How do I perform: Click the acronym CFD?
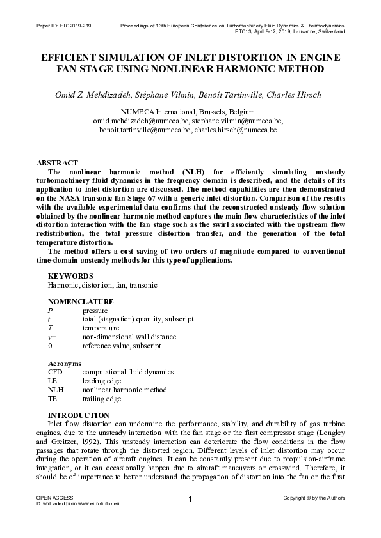(56, 372)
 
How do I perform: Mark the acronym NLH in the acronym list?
(56, 390)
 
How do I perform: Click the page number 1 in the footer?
(190, 499)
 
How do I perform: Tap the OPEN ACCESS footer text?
(54, 497)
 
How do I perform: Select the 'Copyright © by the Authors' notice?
(314, 497)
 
